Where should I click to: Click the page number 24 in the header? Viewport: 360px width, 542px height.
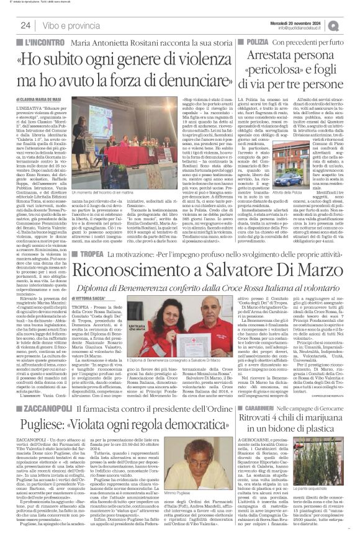26,25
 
